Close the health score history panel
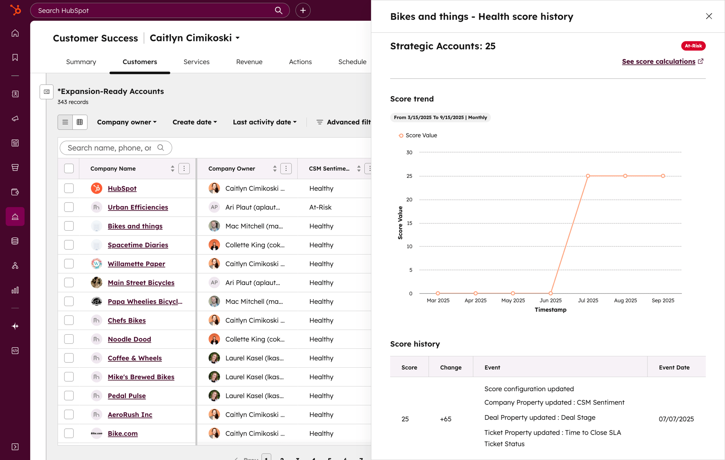pos(709,16)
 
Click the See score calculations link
pos(658,62)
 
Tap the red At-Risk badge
pos(693,46)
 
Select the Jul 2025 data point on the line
pos(588,176)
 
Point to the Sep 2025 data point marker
pos(663,176)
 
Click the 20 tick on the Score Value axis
pos(409,200)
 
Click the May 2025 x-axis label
pos(513,300)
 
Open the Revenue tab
pos(249,62)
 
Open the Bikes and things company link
pos(135,226)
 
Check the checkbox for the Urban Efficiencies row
pos(69,207)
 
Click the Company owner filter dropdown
pos(127,122)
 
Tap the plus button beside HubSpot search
pos(303,11)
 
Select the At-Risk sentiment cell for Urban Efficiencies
pos(320,207)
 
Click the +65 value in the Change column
pos(446,419)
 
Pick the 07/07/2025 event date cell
pos(676,419)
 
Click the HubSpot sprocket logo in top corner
pos(15,10)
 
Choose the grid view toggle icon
pos(80,122)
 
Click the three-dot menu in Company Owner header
pos(286,168)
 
